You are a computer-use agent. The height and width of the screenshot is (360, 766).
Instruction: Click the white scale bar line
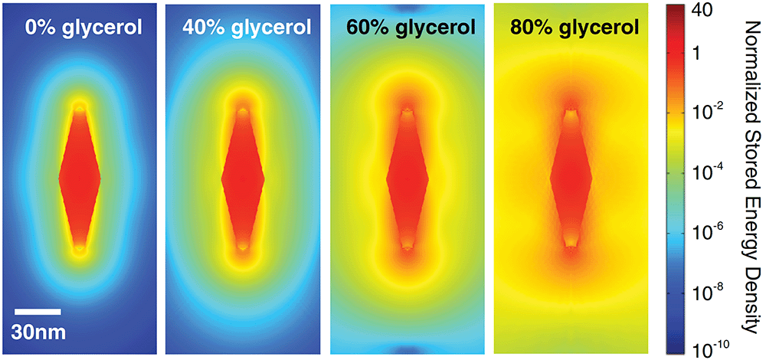click(x=38, y=312)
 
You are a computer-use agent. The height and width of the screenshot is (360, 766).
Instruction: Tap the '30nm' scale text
click(x=38, y=332)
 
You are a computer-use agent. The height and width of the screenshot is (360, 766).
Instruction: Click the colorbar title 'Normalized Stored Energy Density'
click(x=754, y=180)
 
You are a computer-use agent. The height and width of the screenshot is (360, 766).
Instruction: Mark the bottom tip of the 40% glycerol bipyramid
click(x=243, y=248)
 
